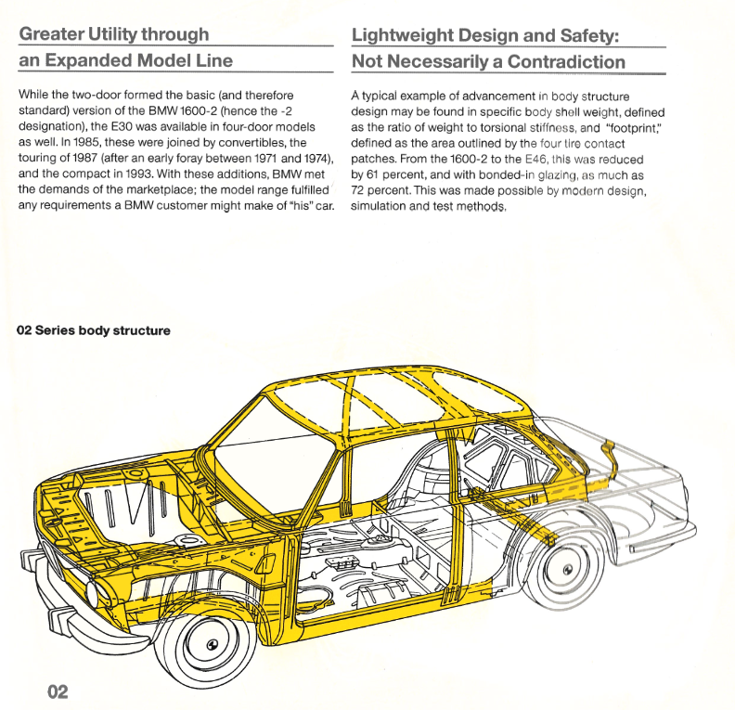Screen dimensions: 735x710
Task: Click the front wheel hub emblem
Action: coord(213,644)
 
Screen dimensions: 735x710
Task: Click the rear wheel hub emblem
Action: coord(568,570)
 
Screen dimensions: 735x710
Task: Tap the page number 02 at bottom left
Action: coord(58,691)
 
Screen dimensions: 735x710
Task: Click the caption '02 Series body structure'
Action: coord(94,330)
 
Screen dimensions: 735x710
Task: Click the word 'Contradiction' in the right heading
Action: coord(566,62)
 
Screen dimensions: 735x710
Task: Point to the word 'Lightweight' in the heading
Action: coord(402,35)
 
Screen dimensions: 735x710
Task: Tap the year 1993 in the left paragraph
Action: coord(139,174)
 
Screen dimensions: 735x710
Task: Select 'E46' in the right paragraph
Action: coord(535,160)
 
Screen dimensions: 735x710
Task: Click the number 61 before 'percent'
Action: coord(372,174)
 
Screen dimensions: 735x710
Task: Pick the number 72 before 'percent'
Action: coord(357,191)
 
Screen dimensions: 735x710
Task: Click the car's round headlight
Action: coord(93,592)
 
